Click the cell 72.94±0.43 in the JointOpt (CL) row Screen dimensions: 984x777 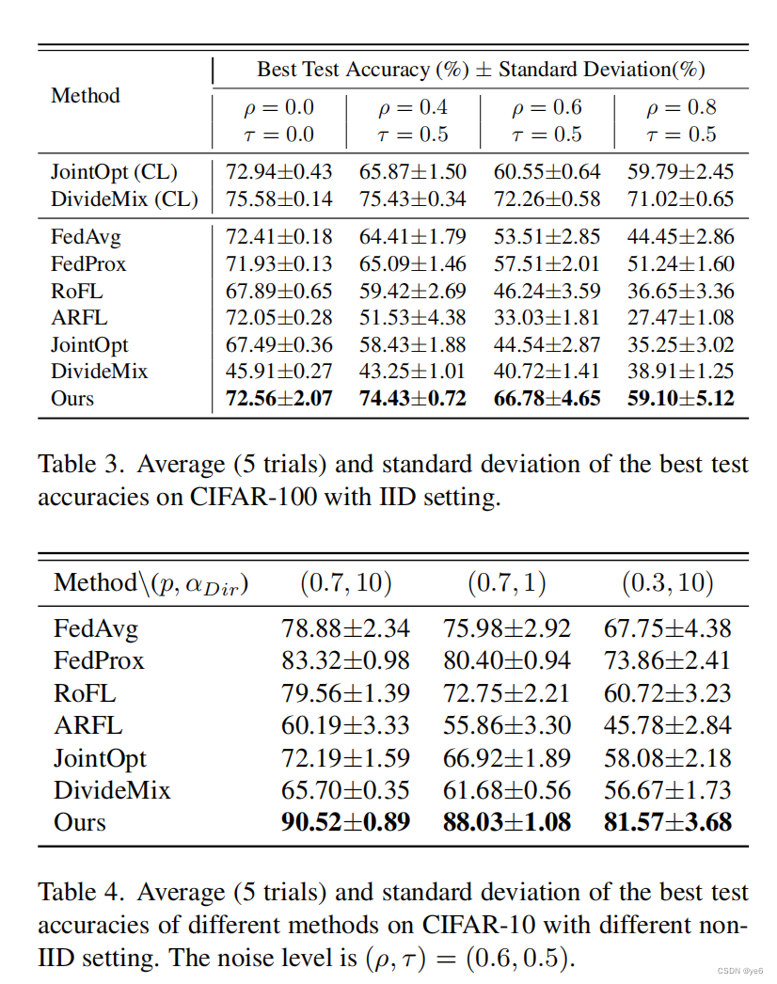coord(279,172)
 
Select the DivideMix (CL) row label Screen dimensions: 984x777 coord(124,199)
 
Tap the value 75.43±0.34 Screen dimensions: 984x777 coord(413,199)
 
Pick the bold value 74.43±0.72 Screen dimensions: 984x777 coord(413,398)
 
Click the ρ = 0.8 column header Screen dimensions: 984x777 coord(680,107)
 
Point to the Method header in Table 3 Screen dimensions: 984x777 coord(86,96)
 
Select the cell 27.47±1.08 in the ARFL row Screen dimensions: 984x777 coord(680,317)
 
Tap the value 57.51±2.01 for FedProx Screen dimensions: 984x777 coord(547,263)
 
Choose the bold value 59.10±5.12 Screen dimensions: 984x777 coord(680,398)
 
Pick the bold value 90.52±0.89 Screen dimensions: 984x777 coord(345,821)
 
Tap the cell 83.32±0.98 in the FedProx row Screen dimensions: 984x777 coord(345,660)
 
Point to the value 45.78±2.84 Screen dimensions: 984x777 coord(668,724)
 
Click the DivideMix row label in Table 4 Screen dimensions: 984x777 coord(112,789)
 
